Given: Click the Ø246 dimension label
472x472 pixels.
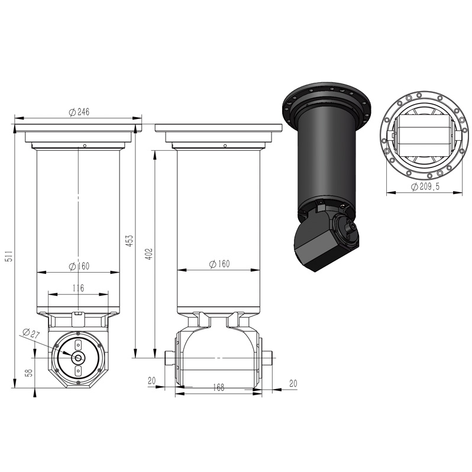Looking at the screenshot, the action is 79,112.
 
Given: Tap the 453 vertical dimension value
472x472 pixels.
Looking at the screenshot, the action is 129,241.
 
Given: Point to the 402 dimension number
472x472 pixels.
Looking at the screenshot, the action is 150,254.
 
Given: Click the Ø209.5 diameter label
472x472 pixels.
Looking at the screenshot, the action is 425,187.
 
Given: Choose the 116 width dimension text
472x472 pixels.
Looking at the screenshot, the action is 78,288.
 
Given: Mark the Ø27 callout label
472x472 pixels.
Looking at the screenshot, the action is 31,333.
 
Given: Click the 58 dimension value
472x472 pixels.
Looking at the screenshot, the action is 29,373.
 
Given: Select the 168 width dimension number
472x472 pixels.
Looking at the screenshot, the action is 218,387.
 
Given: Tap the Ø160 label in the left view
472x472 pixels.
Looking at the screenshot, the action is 79,266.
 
